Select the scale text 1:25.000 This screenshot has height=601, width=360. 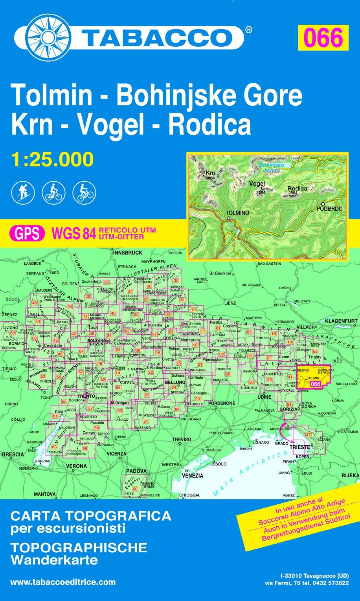coord(52,159)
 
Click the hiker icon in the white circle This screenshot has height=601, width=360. coord(23,192)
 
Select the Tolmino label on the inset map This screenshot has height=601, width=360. coord(237,213)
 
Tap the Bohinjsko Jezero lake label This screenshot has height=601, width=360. coord(272,168)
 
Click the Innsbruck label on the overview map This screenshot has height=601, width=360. coord(128,253)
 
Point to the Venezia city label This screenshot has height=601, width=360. coord(193,476)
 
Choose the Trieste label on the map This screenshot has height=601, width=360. coord(299,447)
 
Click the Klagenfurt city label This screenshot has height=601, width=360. coord(341,321)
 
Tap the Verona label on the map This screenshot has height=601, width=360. coord(76,466)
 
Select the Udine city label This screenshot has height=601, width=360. coord(264,397)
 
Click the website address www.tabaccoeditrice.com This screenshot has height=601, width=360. coord(63,582)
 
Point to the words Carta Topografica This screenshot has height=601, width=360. coord(91,515)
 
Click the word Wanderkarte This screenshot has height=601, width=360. coord(54,560)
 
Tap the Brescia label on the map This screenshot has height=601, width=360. coord(13,454)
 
